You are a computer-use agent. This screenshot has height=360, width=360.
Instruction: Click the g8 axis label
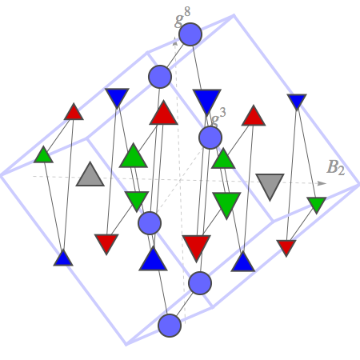(182, 18)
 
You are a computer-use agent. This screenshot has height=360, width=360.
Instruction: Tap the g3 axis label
(218, 118)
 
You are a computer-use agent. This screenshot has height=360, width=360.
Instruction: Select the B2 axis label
(336, 167)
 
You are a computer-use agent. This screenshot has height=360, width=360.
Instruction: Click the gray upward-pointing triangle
(90, 174)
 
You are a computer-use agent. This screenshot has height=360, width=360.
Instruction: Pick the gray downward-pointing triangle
(270, 186)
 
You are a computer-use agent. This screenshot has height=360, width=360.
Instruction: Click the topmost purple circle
(190, 34)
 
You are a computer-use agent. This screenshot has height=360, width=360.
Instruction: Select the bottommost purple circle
(170, 326)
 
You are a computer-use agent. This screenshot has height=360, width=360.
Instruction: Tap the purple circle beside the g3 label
(210, 138)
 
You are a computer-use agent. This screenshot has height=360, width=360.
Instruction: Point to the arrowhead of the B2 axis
(322, 183)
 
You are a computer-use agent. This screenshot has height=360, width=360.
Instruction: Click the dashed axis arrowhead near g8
(175, 41)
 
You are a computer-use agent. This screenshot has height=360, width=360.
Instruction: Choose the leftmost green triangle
(43, 155)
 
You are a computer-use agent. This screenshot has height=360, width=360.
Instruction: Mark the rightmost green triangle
(317, 205)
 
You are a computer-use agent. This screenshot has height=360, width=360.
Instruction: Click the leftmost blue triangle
(63, 259)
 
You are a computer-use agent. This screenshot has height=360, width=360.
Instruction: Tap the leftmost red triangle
(74, 113)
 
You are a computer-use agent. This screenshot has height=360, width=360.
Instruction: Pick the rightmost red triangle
(286, 247)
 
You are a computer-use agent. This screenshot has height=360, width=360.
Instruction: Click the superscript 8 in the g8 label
(187, 12)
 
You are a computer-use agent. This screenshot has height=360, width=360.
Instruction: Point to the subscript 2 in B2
(341, 171)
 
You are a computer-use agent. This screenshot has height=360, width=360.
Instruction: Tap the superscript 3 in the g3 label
(222, 112)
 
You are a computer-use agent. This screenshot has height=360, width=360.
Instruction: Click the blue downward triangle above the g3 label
(207, 101)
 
